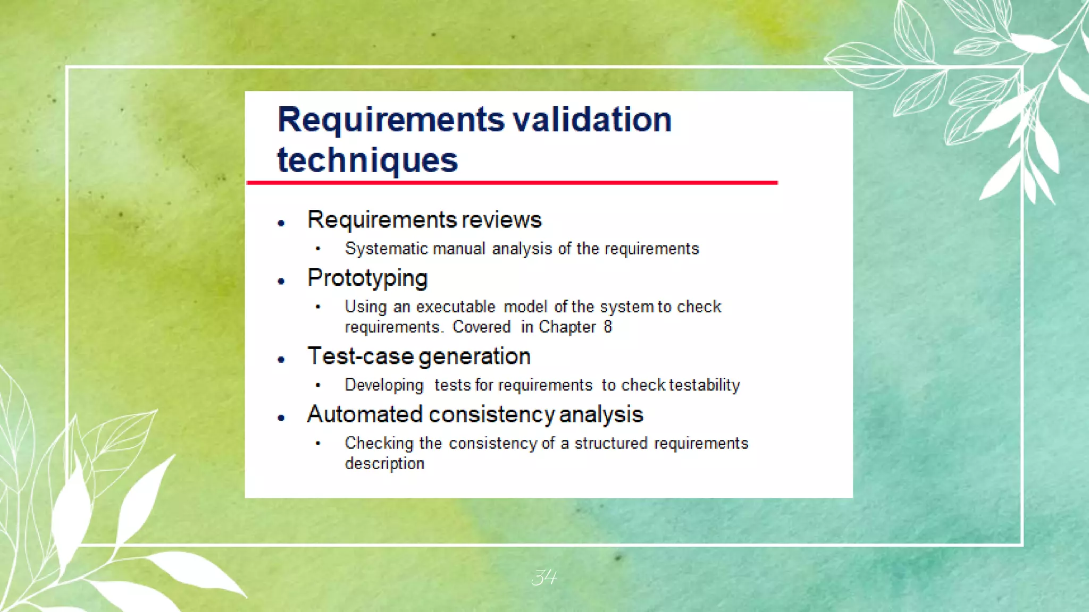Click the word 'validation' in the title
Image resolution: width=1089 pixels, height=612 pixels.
[x=592, y=120]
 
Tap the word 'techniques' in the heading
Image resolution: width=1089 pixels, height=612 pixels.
[x=367, y=160]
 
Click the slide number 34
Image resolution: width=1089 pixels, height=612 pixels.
[x=544, y=577]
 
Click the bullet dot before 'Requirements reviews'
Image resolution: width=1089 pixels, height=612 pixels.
[x=281, y=224]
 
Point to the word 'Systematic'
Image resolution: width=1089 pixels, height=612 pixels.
[x=387, y=249]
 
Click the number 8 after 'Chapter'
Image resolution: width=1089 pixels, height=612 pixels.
[x=608, y=327]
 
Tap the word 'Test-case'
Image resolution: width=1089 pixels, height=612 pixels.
[x=360, y=356]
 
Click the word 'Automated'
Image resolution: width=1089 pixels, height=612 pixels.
[x=365, y=414]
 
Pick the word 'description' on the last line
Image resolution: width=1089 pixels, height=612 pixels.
[x=384, y=464]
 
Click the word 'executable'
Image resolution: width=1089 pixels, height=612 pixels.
[x=456, y=307]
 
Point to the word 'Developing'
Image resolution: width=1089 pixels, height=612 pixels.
[x=384, y=385]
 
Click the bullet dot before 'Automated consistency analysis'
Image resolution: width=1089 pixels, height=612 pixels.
[x=281, y=418]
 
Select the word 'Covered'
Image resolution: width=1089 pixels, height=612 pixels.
[x=481, y=327]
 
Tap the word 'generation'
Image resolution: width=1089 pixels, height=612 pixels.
[x=475, y=356]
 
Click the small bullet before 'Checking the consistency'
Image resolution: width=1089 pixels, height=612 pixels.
[x=318, y=443]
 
